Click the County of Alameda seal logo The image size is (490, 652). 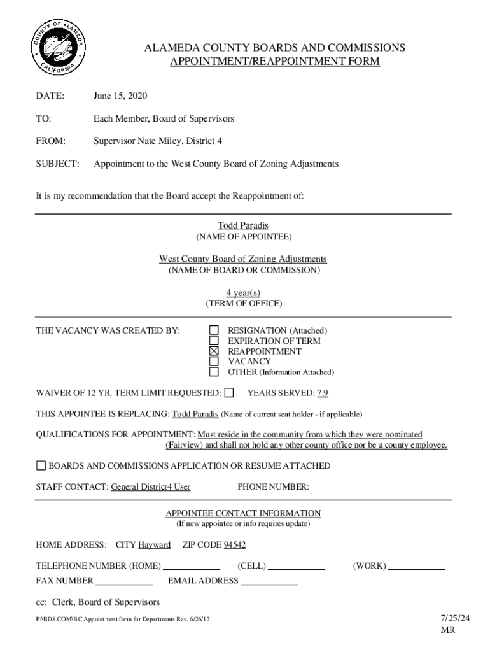coord(58,49)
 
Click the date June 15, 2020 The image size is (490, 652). coord(120,96)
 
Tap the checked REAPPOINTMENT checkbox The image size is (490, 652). coord(214,351)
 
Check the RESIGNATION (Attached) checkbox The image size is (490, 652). coord(214,330)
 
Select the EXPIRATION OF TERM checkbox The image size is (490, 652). coord(214,341)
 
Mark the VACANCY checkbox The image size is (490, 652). coord(214,362)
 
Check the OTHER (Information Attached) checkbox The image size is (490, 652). coord(214,372)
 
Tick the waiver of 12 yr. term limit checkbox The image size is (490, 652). coord(229,392)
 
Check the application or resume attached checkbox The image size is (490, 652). coord(41,465)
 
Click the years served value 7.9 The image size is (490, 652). coord(323,393)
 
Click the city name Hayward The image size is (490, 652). coord(154,545)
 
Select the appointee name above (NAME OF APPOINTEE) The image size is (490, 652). coord(244,226)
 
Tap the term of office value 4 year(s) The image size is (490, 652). coord(243,292)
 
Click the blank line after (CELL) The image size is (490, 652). coord(297,566)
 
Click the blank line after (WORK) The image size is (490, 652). coord(417,566)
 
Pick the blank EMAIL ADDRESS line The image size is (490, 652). coord(269,581)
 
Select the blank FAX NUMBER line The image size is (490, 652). coord(125,581)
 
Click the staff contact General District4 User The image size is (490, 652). coord(150,488)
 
